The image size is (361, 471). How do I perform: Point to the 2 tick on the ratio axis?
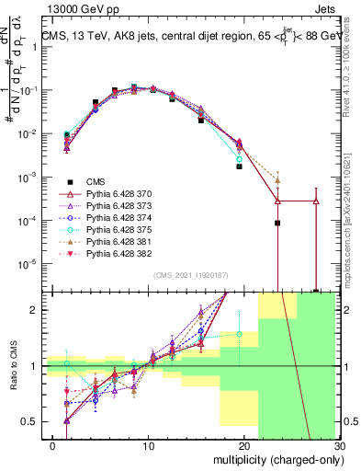point(37,310)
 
